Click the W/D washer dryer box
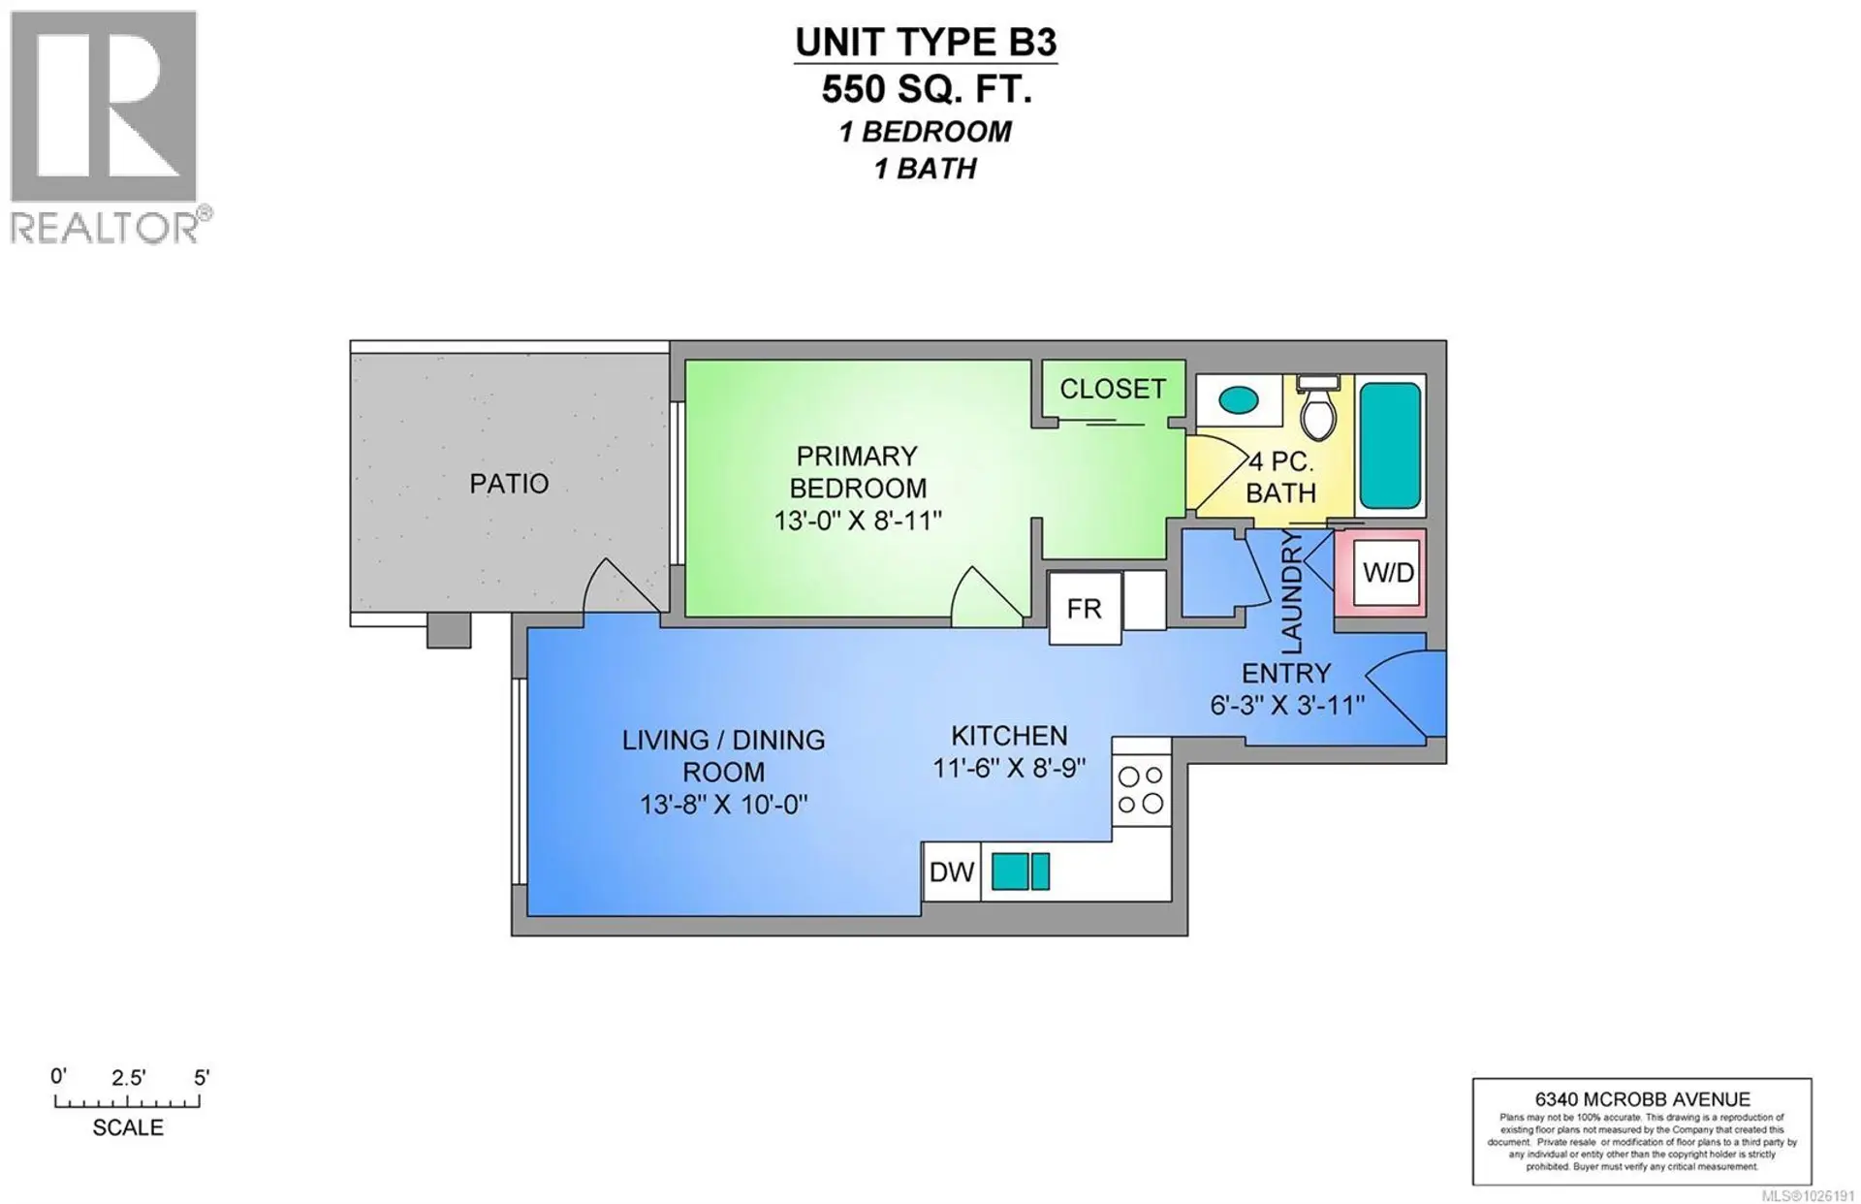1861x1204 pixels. [x=1388, y=573]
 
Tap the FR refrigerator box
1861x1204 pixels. [x=1085, y=609]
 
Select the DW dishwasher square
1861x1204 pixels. [x=951, y=872]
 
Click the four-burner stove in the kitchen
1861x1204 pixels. [x=1141, y=790]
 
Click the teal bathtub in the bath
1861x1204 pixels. [x=1390, y=445]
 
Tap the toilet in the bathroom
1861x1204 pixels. [x=1317, y=410]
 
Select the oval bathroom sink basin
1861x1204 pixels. [x=1238, y=399]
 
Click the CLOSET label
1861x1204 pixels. [x=1112, y=390]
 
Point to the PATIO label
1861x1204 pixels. [x=509, y=484]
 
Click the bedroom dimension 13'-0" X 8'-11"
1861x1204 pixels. [x=857, y=522]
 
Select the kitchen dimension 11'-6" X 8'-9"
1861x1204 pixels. [x=1008, y=769]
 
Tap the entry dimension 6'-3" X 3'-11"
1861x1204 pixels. [x=1286, y=705]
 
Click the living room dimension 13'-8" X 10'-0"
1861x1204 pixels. [x=723, y=805]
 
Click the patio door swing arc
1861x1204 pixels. [x=620, y=587]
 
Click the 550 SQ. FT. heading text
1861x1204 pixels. [x=926, y=89]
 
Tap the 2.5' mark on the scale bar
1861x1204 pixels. [x=128, y=1078]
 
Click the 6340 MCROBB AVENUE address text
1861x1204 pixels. [x=1642, y=1099]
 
